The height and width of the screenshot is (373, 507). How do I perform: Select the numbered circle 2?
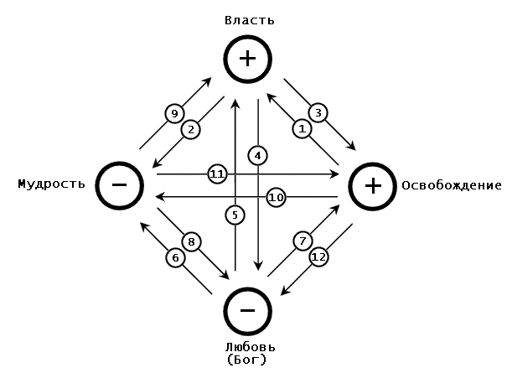pos(192,129)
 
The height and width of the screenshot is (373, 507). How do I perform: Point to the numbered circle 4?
pos(258,155)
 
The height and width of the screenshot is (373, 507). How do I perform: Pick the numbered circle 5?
pos(235,215)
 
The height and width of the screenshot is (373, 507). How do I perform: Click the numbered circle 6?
pos(175,258)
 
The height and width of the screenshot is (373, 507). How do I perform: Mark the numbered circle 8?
pos(192,242)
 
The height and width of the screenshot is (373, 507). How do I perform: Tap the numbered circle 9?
pos(174,113)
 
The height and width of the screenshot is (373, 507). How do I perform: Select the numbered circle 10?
pos(277,197)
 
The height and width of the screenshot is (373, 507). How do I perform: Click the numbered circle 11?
pos(217,174)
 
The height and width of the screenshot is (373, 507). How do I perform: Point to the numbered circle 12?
pos(318,256)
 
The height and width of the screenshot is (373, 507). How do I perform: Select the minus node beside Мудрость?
pos(120,184)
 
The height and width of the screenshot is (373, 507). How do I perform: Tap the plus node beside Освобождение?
pos(374,185)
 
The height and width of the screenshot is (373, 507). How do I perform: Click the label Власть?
pos(249,18)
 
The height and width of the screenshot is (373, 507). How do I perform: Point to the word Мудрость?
pos(51,184)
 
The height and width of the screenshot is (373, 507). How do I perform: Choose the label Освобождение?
pos(452,185)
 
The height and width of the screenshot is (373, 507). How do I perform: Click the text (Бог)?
pos(248,360)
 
